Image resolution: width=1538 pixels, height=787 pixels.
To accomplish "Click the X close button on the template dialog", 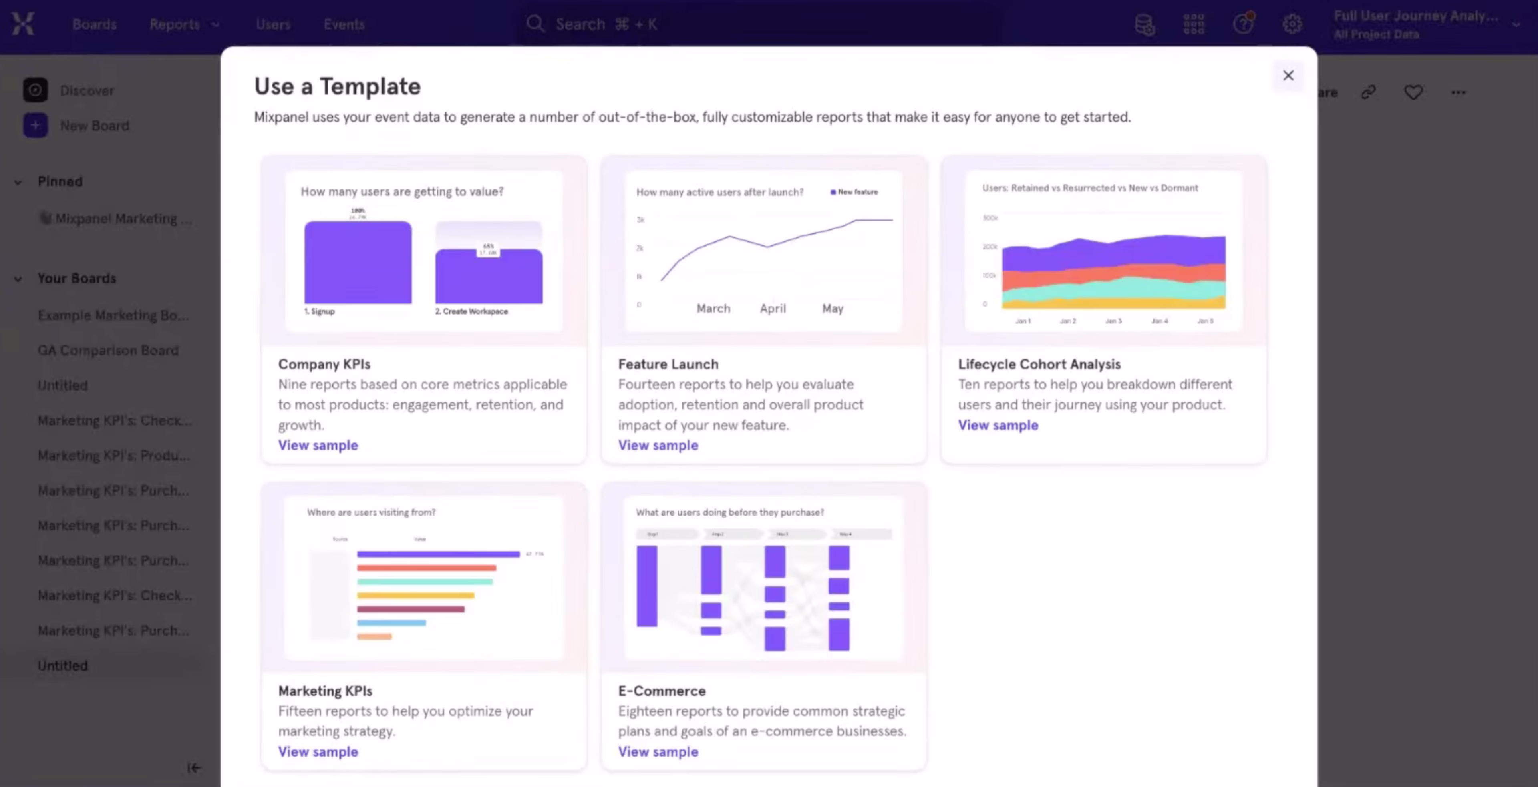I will (1288, 76).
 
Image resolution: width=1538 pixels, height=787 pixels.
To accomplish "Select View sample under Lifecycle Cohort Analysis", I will (998, 425).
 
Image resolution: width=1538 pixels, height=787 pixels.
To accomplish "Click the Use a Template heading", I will (337, 86).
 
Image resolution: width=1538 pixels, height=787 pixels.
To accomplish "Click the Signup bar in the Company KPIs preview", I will (358, 263).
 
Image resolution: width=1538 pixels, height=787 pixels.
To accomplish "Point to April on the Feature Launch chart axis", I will (773, 309).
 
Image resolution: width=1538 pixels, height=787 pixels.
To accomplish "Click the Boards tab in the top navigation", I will (95, 24).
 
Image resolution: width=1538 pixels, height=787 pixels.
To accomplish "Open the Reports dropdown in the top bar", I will (184, 24).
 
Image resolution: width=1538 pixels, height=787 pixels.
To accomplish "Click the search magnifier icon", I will (535, 24).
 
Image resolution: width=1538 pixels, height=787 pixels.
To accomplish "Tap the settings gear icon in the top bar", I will (1292, 24).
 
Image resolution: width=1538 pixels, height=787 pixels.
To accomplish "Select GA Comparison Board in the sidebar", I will (108, 350).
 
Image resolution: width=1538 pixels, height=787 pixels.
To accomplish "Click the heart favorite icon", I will (1413, 92).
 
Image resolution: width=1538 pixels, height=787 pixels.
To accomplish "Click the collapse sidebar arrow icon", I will (194, 767).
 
